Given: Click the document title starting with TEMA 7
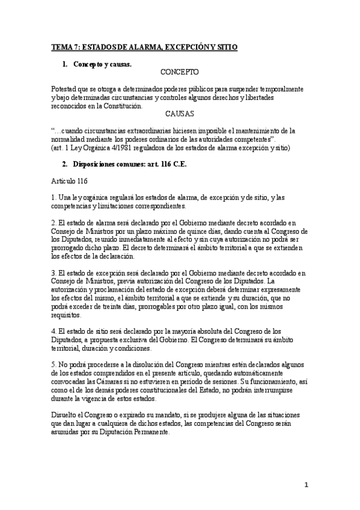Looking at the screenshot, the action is pyautogui.click(x=144, y=46).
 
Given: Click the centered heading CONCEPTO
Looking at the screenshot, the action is pyautogui.click(x=180, y=72).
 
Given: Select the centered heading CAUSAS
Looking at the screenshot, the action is pyautogui.click(x=180, y=113).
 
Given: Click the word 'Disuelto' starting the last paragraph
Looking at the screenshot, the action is pyautogui.click(x=65, y=414).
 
